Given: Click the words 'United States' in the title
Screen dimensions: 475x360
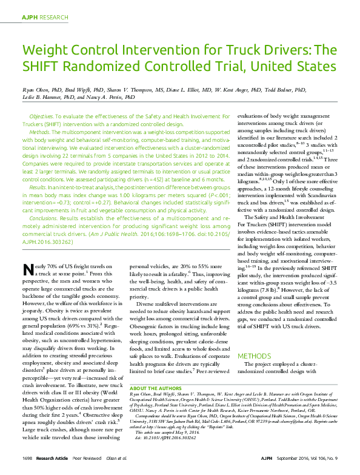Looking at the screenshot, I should pos(284,65).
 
